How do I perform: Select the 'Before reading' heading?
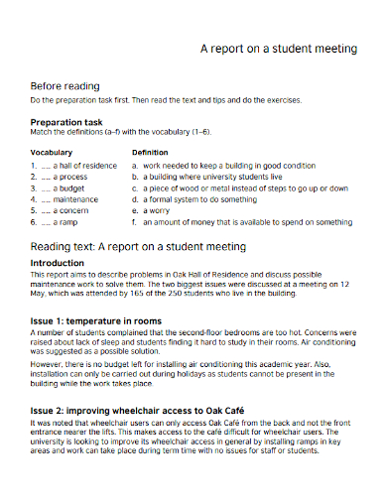pyautogui.click(x=67, y=85)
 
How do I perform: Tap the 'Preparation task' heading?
pyautogui.click(x=66, y=122)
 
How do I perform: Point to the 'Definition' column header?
pyautogui.click(x=151, y=152)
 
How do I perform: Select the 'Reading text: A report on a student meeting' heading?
pyautogui.click(x=138, y=245)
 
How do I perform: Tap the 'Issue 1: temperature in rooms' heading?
pyautogui.click(x=95, y=320)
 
